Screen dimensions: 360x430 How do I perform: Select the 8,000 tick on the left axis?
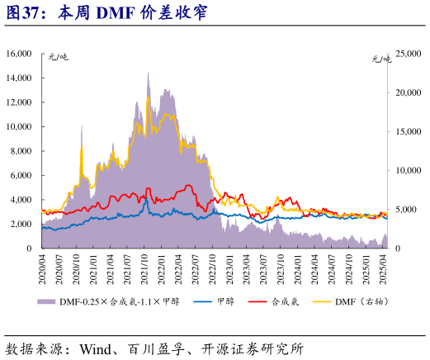tap(21, 151)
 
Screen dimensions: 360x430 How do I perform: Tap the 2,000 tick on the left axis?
tap(21, 224)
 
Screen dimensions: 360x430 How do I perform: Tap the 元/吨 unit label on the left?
tap(59, 59)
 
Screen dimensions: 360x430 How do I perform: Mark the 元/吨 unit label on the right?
tap(380, 59)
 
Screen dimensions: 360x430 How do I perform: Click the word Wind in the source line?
tap(97, 348)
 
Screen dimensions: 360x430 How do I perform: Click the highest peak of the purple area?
tap(149, 73)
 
